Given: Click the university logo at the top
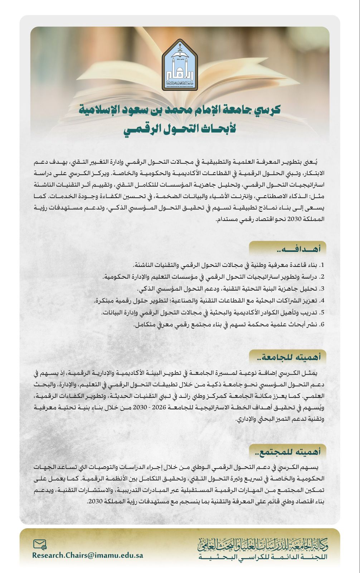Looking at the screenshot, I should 180,65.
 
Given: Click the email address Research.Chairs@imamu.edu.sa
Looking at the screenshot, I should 88,555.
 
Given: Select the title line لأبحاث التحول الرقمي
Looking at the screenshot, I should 180,129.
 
